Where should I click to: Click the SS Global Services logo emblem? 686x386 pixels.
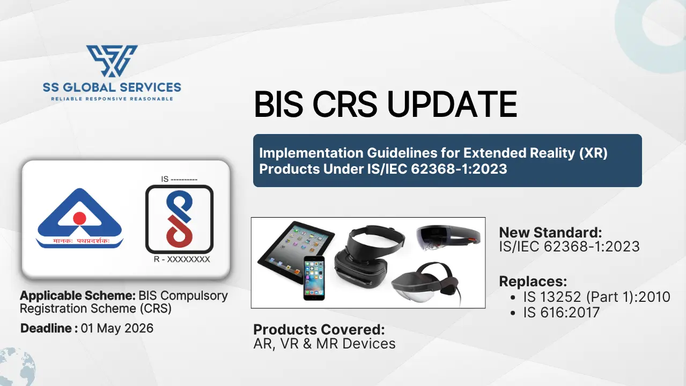pos(112,61)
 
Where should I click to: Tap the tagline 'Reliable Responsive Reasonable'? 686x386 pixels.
pos(112,99)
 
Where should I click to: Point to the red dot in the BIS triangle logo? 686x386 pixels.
pos(79,218)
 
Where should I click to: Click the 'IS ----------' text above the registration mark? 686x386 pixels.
pos(179,180)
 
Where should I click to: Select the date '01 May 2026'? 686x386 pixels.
pos(117,328)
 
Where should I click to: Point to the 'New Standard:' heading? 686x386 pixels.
pos(550,233)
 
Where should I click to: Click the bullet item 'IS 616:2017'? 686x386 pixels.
pos(561,313)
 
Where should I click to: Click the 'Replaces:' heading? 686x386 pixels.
pos(533,281)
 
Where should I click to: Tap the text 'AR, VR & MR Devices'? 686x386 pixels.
pos(324,344)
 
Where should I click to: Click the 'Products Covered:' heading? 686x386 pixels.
pos(319,329)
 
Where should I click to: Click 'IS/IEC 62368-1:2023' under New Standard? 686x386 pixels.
pos(569,247)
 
